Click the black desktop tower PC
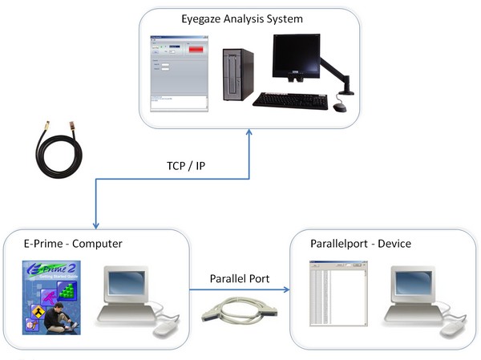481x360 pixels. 237,76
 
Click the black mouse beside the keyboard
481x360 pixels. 340,107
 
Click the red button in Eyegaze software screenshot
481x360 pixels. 194,52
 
